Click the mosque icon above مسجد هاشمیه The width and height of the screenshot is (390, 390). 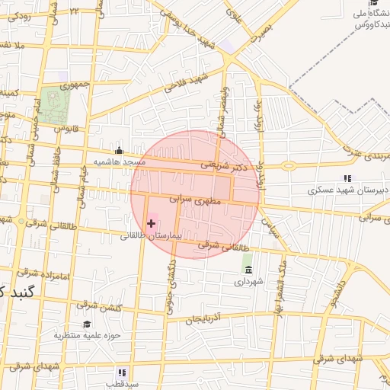point(118,150)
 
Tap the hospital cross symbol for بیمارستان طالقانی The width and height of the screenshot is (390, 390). point(151,223)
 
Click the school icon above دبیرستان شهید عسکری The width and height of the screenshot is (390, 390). point(347,177)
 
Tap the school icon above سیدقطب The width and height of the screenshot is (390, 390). point(120,372)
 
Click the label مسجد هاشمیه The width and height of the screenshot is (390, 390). point(119,162)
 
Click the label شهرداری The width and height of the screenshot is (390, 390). point(248,282)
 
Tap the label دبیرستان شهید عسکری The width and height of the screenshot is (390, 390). point(347,190)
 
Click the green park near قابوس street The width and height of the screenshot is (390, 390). point(53,105)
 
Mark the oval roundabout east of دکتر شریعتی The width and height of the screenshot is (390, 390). point(289,166)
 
